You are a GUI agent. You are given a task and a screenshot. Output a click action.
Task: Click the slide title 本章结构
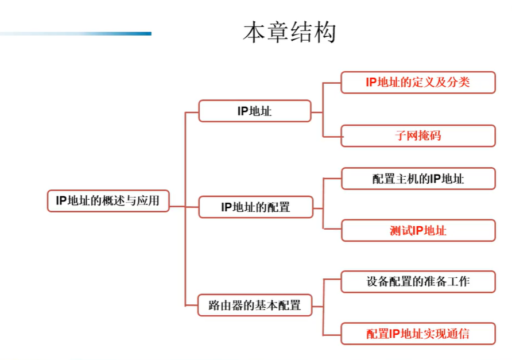coord(289,32)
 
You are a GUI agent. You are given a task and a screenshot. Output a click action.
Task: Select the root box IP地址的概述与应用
coord(108,200)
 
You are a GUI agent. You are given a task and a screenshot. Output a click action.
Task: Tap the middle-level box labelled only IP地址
coord(255,111)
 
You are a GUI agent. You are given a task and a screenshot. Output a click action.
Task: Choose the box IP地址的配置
coord(255,207)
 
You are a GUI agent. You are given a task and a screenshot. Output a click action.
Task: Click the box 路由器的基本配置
coord(255,305)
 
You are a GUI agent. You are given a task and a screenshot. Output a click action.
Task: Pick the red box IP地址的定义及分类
coord(418,82)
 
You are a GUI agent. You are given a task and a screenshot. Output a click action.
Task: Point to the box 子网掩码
coord(418,136)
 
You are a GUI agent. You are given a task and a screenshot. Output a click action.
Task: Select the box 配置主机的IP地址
coord(418,179)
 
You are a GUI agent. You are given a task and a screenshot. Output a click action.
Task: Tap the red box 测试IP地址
coord(418,231)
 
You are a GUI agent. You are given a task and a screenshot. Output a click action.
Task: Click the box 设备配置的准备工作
coord(418,281)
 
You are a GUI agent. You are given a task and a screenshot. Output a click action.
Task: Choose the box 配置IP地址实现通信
coord(418,334)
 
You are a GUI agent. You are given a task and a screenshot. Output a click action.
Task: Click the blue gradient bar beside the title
coord(76,34)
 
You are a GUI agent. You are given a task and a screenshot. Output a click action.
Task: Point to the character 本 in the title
coord(254,32)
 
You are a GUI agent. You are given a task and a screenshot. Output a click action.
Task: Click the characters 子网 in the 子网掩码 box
coord(406,136)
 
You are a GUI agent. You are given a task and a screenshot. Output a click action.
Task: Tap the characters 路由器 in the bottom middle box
coord(226,305)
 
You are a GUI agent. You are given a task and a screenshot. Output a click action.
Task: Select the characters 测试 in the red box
coord(401,231)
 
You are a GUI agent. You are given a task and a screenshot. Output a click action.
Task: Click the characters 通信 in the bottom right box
coord(458,334)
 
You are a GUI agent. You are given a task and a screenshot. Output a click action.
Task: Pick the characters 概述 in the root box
coord(113,200)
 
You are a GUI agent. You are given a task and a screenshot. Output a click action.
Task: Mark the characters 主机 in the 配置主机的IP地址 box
coord(407,179)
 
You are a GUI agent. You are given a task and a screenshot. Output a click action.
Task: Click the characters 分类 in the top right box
coord(458,82)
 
